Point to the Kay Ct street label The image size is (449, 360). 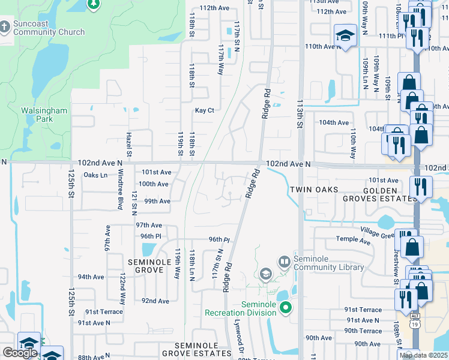tap(204, 110)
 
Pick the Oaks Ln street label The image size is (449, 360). tap(95, 175)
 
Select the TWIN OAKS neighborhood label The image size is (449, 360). tap(310, 189)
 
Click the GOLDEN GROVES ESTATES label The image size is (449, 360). tap(379, 193)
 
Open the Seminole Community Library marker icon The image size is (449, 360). tap(284, 262)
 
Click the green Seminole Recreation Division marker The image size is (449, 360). tap(286, 308)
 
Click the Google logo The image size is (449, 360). tap(20, 353)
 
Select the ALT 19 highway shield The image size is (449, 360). tap(414, 322)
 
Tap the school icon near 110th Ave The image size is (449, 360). tap(345, 37)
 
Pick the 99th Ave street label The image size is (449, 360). tap(157, 201)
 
